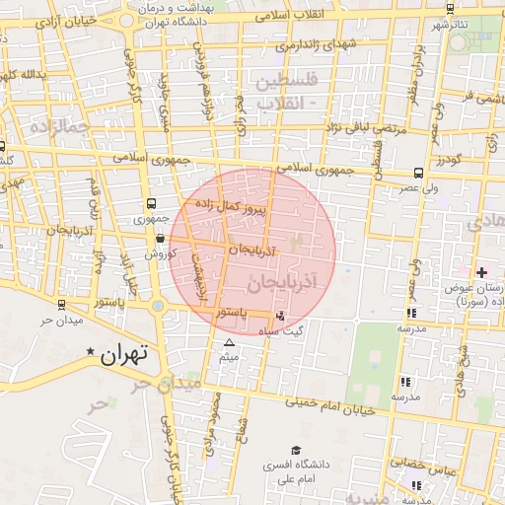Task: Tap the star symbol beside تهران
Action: pyautogui.click(x=92, y=352)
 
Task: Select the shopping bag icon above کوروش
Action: pyautogui.click(x=160, y=238)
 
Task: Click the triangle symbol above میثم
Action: pyautogui.click(x=230, y=342)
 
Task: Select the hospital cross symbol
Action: pyautogui.click(x=481, y=272)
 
